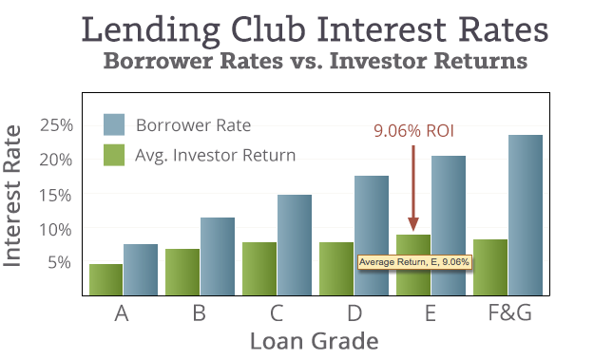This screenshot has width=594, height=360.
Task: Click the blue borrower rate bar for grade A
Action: [140, 270]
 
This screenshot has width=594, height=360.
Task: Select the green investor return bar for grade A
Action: [106, 279]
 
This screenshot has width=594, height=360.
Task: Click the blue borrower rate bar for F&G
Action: [525, 215]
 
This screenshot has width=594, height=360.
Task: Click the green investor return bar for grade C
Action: [259, 269]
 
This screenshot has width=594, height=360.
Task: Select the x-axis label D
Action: [353, 313]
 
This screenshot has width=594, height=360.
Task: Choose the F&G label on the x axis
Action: [507, 313]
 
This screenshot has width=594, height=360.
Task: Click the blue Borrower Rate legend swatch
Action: [115, 125]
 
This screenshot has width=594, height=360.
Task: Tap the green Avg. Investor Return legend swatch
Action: [115, 154]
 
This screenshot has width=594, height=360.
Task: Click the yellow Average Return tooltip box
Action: [414, 261]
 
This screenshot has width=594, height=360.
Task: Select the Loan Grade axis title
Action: [314, 340]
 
